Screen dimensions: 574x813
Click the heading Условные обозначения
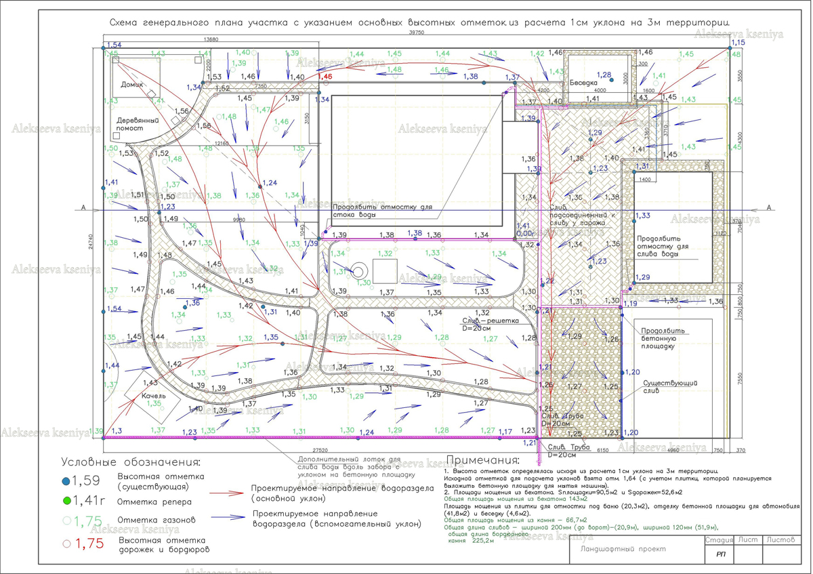tap(131, 463)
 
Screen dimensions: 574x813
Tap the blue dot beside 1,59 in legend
tap(66, 481)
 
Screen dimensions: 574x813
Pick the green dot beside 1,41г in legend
tap(66, 501)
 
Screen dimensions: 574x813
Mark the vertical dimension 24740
tap(90, 242)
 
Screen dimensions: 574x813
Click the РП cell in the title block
tap(720, 555)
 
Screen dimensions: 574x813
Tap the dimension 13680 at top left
tap(210, 39)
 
